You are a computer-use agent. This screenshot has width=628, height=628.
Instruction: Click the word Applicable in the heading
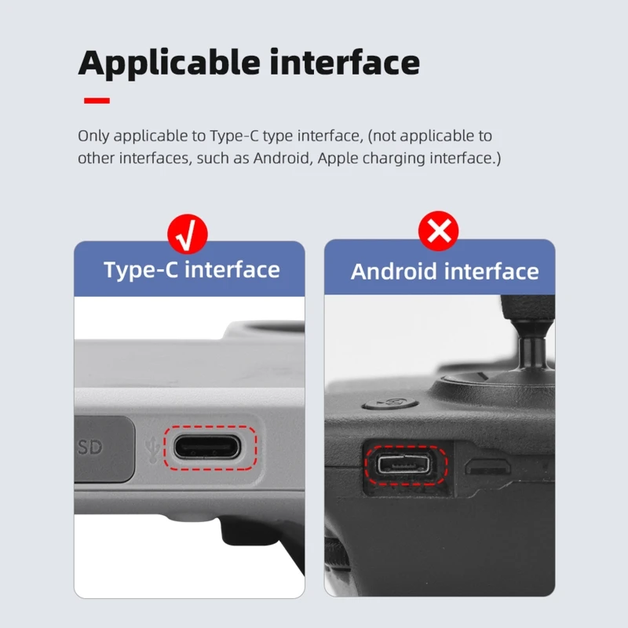(169, 64)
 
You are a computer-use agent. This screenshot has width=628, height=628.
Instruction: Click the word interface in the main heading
(345, 62)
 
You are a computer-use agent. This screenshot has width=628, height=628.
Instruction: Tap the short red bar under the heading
(97, 100)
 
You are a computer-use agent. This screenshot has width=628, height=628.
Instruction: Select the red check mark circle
(188, 234)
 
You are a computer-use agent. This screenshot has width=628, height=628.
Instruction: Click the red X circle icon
(439, 231)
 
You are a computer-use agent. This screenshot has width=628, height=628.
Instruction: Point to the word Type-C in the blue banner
(141, 270)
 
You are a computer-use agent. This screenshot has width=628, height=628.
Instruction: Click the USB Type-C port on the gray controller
(207, 447)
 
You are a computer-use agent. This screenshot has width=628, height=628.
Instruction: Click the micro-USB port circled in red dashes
(404, 464)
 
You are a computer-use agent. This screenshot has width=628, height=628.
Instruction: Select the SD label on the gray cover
(90, 447)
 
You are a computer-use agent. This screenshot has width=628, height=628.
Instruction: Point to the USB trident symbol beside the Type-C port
(152, 449)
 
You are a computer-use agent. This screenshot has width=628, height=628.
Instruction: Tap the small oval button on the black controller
(390, 403)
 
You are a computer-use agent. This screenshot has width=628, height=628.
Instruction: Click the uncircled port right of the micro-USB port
(487, 467)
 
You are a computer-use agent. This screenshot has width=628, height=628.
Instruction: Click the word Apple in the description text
(338, 159)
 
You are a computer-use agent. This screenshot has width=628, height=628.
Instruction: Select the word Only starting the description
(93, 136)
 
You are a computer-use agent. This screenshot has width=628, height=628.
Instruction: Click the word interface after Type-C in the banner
(232, 270)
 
